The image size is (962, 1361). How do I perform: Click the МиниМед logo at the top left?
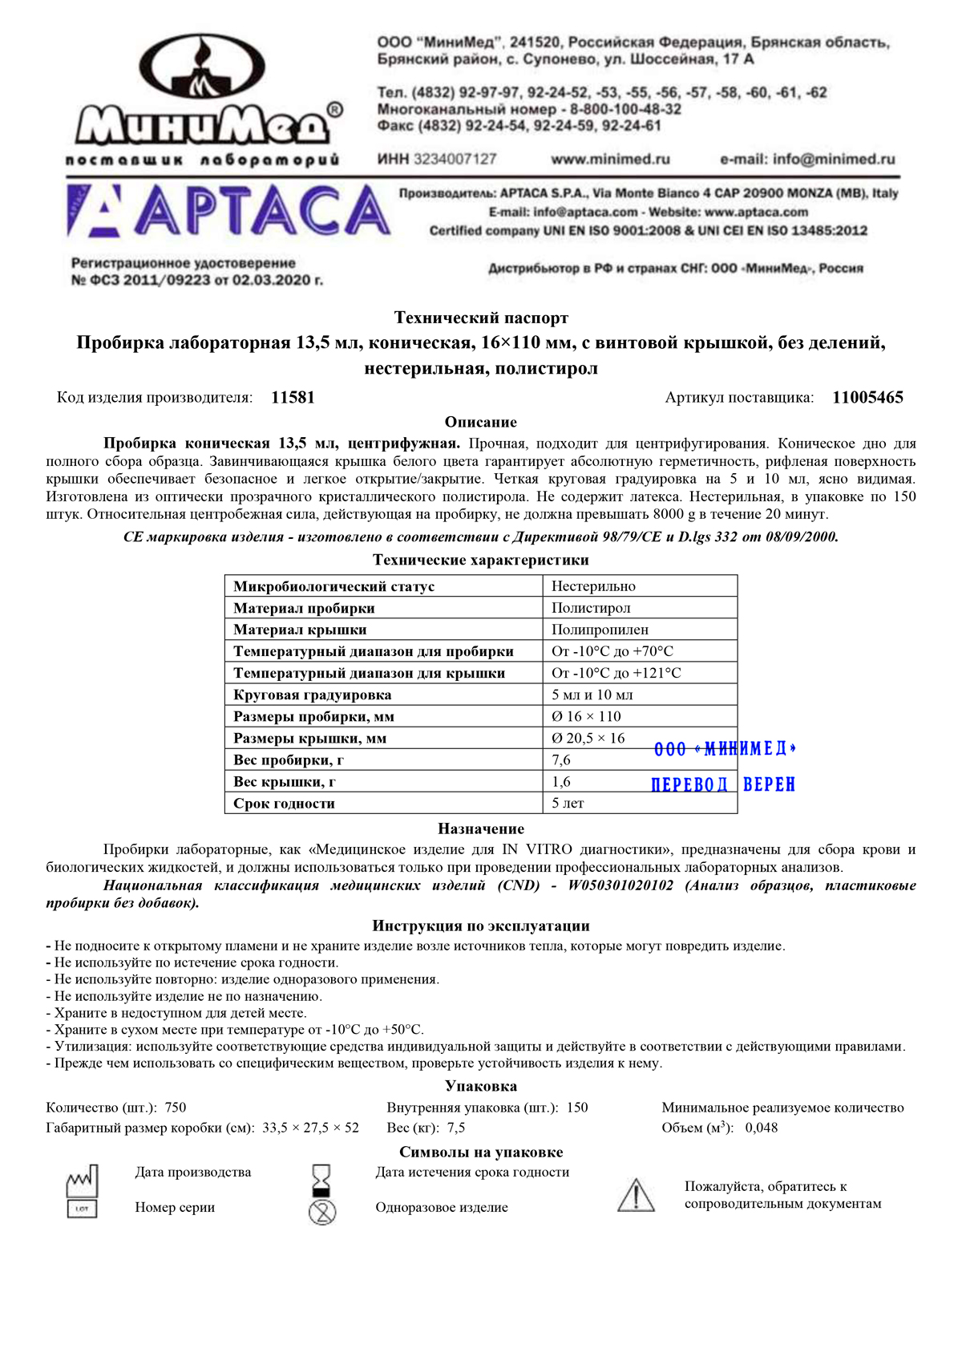(x=204, y=96)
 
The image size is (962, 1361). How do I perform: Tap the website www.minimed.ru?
(x=610, y=159)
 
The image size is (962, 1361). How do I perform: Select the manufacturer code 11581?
(x=293, y=398)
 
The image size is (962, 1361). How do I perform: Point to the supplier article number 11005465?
(x=867, y=398)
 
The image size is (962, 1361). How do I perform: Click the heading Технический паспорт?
(x=481, y=318)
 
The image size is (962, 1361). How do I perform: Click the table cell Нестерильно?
(x=593, y=586)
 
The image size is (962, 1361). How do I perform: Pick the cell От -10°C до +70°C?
(x=612, y=651)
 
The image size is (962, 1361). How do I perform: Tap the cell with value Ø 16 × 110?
(x=586, y=716)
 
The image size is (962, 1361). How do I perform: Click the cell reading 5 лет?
(x=568, y=803)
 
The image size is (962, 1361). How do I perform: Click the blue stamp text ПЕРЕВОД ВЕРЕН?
(x=723, y=784)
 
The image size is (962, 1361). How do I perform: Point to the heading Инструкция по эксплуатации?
(x=481, y=926)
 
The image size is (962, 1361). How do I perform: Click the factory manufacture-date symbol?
(x=82, y=1180)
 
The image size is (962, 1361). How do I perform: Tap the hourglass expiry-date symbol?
(x=321, y=1180)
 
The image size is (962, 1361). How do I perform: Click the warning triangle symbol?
(x=636, y=1195)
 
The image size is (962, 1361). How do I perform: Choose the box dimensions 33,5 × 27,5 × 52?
(x=310, y=1128)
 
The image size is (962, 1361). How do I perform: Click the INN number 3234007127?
(x=455, y=159)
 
